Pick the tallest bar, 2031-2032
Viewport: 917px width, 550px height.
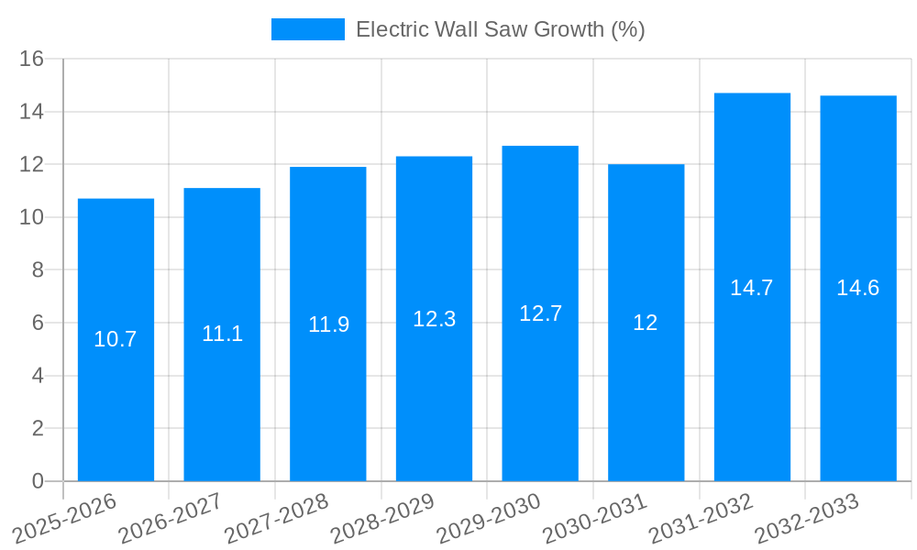coord(752,385)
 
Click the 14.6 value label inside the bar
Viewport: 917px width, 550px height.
coord(857,288)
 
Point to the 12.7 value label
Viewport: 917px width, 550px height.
coord(540,313)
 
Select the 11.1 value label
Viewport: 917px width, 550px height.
coord(222,334)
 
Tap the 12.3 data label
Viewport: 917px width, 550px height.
coord(434,319)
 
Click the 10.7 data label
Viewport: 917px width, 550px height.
coord(116,339)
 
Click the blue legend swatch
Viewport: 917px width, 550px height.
coord(307,29)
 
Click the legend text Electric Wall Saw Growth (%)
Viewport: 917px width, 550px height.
coord(500,29)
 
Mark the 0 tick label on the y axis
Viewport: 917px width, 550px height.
coord(38,481)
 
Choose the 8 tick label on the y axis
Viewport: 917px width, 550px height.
coord(38,270)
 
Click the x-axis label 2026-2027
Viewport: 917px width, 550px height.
coord(171,518)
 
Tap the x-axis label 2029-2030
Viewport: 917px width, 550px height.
coord(489,518)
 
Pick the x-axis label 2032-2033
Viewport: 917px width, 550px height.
coord(807,518)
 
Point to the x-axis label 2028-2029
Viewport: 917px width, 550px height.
coord(382,518)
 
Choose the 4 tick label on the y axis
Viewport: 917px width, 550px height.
coord(38,376)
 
